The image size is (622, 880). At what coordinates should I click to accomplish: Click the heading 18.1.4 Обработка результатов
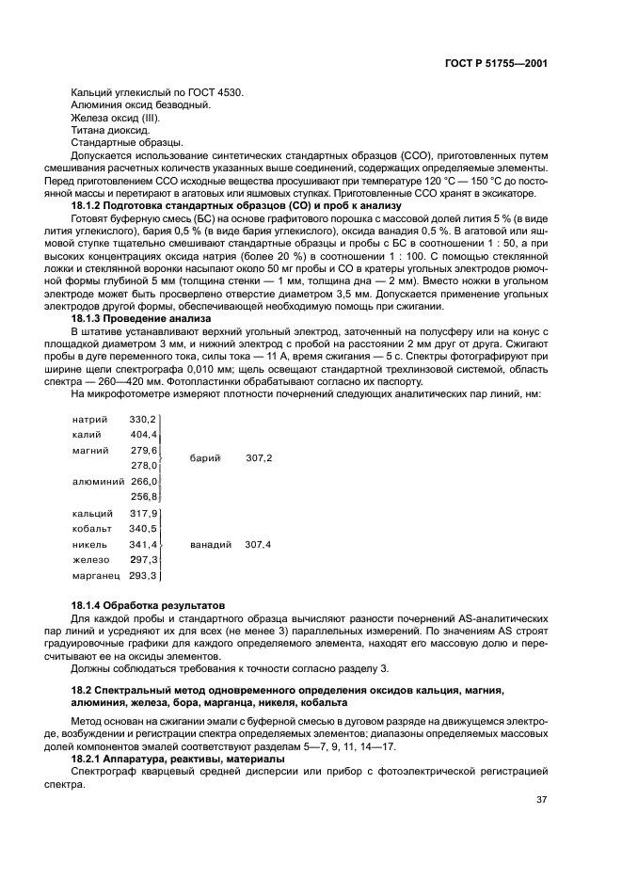tap(142, 604)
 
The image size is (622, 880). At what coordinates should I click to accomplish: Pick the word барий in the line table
tap(205, 458)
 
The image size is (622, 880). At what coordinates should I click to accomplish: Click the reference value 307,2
tap(259, 458)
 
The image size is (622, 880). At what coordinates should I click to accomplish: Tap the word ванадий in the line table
tap(211, 545)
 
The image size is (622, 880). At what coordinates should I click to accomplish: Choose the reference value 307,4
tap(259, 545)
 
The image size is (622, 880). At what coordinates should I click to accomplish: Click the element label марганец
tap(95, 576)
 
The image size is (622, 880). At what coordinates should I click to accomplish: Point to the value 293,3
tap(143, 576)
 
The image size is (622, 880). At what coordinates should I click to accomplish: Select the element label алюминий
tap(98, 481)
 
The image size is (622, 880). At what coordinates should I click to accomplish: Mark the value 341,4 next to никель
tap(143, 545)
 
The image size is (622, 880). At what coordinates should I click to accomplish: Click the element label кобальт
tap(92, 529)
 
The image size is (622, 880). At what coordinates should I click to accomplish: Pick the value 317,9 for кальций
tap(143, 514)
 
